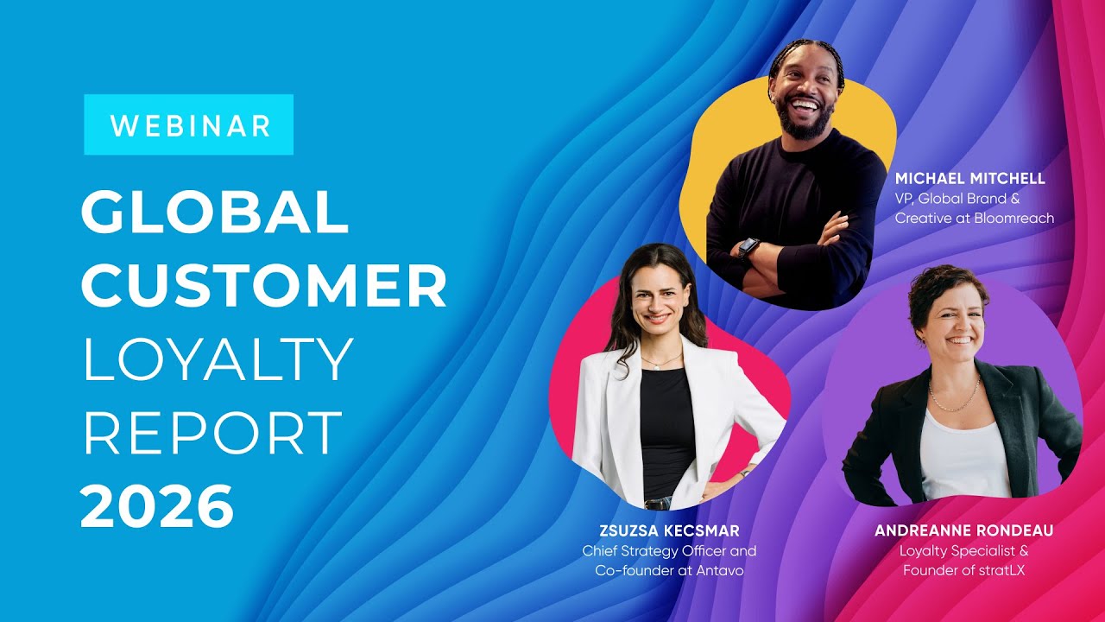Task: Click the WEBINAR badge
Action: click(189, 125)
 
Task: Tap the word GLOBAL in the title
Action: click(215, 213)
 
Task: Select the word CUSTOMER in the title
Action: click(264, 286)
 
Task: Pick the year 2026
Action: click(157, 506)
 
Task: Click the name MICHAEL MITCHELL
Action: click(969, 179)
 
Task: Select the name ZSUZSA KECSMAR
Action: click(669, 530)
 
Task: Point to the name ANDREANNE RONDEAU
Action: click(963, 530)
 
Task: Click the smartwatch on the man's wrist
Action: click(748, 248)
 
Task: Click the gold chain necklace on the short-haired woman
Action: click(953, 399)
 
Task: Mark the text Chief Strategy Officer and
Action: click(669, 551)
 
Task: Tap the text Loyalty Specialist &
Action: click(963, 551)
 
